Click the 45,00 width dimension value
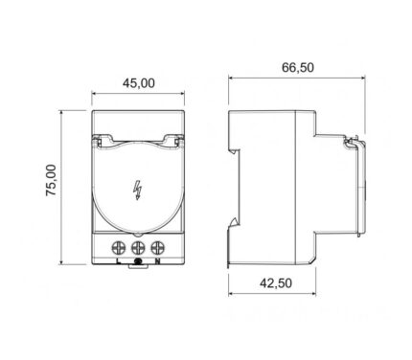139,83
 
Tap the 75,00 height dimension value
51,181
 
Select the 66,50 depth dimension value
298,67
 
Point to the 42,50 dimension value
276,283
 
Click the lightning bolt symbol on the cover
137,191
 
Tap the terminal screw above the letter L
119,248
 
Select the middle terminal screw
138,248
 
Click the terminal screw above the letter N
157,248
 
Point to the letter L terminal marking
119,261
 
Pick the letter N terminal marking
157,261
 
